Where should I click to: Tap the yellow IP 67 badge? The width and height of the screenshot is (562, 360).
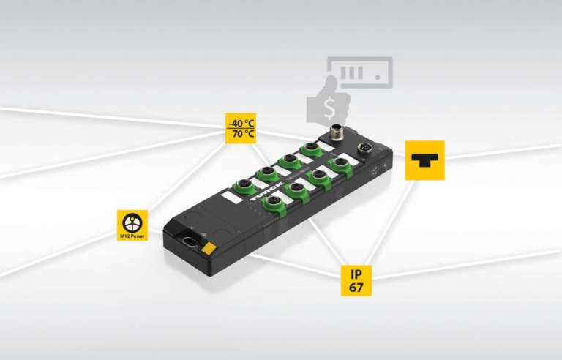(356, 281)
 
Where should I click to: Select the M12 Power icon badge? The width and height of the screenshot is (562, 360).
(132, 225)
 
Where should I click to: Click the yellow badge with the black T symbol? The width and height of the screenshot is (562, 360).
(424, 160)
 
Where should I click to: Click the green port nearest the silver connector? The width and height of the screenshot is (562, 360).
(312, 149)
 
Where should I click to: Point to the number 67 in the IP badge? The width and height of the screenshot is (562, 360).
(356, 288)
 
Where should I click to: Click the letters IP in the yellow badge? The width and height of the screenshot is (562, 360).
(356, 274)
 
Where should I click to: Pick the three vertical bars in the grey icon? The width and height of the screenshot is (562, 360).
(353, 72)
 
